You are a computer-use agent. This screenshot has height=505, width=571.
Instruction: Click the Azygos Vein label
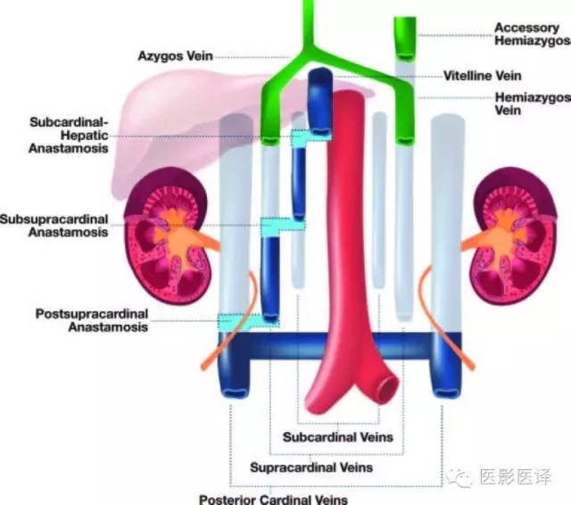pyautogui.click(x=175, y=56)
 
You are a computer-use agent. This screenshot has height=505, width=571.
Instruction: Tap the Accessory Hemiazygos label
pyautogui.click(x=532, y=34)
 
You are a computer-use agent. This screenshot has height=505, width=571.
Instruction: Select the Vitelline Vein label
pyautogui.click(x=482, y=76)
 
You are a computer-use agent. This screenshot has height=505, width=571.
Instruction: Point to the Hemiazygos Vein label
pyautogui.click(x=533, y=103)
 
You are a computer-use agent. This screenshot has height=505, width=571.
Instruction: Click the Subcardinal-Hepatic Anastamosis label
pyautogui.click(x=69, y=135)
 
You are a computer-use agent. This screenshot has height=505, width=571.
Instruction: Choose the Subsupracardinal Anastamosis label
pyautogui.click(x=54, y=226)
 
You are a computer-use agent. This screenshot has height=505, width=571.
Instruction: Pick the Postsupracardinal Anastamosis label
pyautogui.click(x=92, y=320)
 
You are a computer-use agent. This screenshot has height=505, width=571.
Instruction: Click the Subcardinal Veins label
pyautogui.click(x=338, y=437)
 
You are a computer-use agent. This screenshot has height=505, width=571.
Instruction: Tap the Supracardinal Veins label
pyautogui.click(x=311, y=468)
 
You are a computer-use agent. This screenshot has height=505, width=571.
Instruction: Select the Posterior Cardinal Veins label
pyautogui.click(x=274, y=499)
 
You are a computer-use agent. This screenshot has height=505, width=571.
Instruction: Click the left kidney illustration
pyautogui.click(x=166, y=236)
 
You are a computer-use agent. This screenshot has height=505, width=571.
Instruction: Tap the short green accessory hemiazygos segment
pyautogui.click(x=405, y=38)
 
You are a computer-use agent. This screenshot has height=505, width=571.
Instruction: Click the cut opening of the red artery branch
pyautogui.click(x=386, y=389)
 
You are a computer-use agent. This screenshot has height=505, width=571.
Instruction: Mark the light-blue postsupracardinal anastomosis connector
pyautogui.click(x=248, y=320)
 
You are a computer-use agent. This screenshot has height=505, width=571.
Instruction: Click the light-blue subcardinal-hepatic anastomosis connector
pyautogui.click(x=310, y=137)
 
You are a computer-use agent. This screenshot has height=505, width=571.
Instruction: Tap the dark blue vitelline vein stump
pyautogui.click(x=320, y=102)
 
